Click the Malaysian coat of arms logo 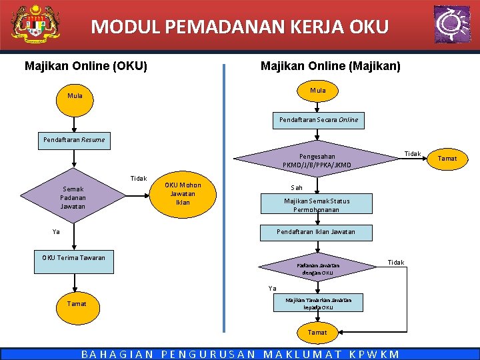(x=35, y=25)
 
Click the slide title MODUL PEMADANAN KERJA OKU (x=239, y=27)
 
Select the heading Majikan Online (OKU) (x=86, y=66)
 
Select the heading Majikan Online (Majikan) (x=331, y=66)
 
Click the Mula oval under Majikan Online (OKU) (x=75, y=96)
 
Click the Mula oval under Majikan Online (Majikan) (x=318, y=90)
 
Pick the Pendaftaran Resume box (x=73, y=140)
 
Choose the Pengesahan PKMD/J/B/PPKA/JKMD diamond (x=317, y=161)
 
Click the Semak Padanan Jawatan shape (x=73, y=198)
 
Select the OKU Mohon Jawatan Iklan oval (x=183, y=193)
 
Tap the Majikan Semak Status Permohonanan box (x=317, y=205)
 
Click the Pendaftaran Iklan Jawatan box (x=317, y=232)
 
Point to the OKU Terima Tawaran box (x=73, y=257)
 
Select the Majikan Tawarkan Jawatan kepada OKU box (x=319, y=304)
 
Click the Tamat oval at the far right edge (x=447, y=159)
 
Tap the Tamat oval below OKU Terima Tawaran (x=77, y=304)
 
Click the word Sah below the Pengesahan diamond (x=297, y=188)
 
